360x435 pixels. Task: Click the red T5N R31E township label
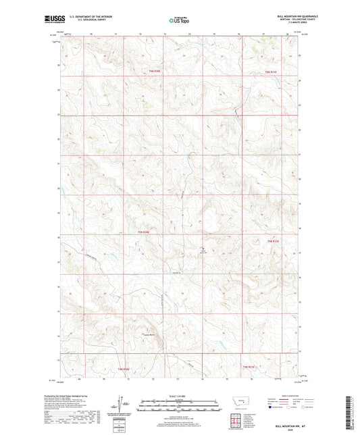coord(270,72)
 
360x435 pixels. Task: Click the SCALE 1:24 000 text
coord(180,395)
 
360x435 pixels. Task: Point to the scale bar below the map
coord(180,407)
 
